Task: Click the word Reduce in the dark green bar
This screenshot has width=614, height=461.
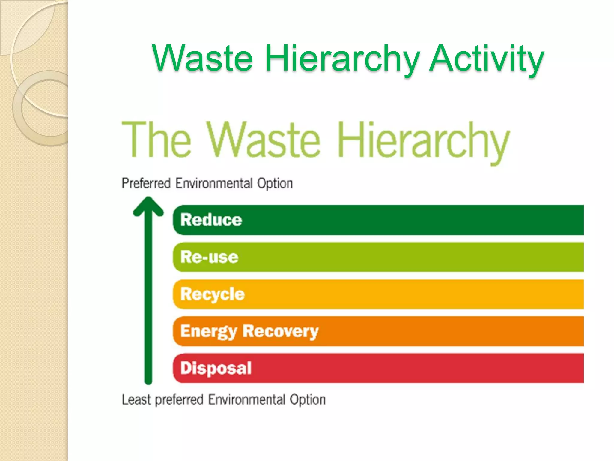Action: [x=211, y=220]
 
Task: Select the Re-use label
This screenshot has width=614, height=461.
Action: [x=209, y=257]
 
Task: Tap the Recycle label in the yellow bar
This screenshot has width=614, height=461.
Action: [x=212, y=294]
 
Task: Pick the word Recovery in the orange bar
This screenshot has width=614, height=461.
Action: [x=280, y=331]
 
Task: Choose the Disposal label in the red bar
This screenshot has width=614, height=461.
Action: [x=216, y=368]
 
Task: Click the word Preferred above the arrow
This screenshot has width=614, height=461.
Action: [x=146, y=183]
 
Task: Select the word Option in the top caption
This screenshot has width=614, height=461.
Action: [x=275, y=183]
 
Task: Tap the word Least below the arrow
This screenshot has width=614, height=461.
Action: [x=136, y=400]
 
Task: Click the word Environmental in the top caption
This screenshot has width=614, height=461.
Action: [x=214, y=183]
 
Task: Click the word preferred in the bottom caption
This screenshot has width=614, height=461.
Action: [x=179, y=400]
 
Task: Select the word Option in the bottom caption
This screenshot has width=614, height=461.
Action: [x=308, y=400]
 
